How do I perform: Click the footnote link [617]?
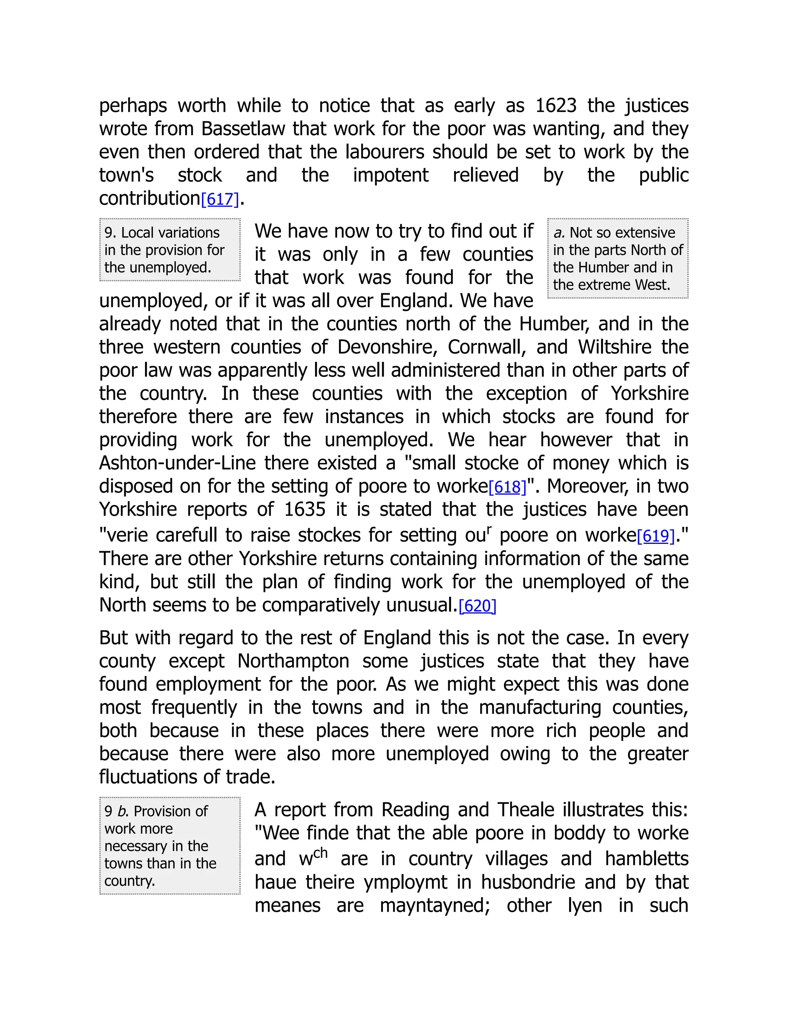point(220,199)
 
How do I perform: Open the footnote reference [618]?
point(508,487)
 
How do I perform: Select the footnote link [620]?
point(477,606)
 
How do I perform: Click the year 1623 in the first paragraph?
point(556,105)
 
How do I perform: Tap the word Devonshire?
point(387,348)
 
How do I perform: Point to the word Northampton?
point(293,661)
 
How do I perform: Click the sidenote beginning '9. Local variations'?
point(170,250)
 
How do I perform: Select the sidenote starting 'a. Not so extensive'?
point(618,258)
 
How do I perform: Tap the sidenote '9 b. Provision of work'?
point(170,846)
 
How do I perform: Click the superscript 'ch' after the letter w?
point(321,853)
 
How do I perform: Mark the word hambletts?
point(646,859)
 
